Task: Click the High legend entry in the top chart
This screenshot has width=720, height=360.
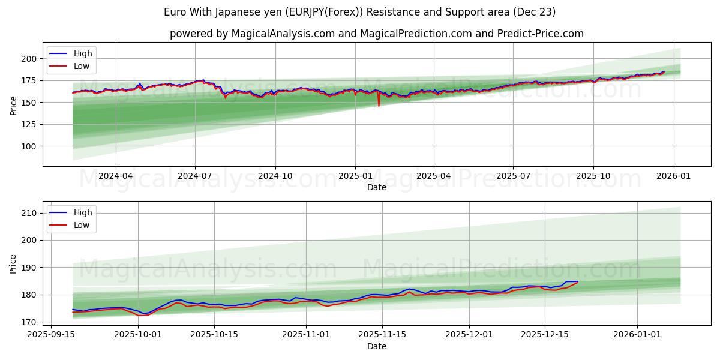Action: [82, 53]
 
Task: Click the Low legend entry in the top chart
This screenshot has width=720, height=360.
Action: [81, 66]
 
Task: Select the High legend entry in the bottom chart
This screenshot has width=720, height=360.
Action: [82, 212]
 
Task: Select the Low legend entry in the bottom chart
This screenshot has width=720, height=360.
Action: [81, 225]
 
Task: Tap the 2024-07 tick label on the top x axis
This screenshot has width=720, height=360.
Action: [195, 176]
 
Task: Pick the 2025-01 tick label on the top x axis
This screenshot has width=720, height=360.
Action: [355, 176]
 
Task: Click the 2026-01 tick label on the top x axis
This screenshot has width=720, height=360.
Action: [673, 176]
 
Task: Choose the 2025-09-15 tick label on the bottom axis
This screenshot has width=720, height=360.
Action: [50, 335]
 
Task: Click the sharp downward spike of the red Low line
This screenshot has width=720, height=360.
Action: [379, 106]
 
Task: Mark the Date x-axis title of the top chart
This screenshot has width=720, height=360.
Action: [376, 187]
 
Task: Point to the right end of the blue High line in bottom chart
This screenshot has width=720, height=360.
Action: [577, 281]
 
